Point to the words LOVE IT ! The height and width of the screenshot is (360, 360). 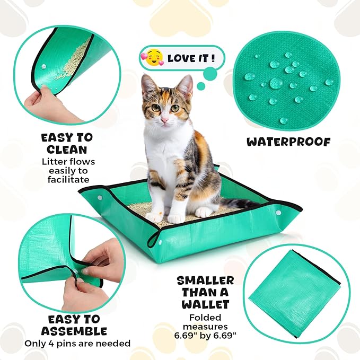point(191,58)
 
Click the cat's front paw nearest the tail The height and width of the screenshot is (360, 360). point(204,212)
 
